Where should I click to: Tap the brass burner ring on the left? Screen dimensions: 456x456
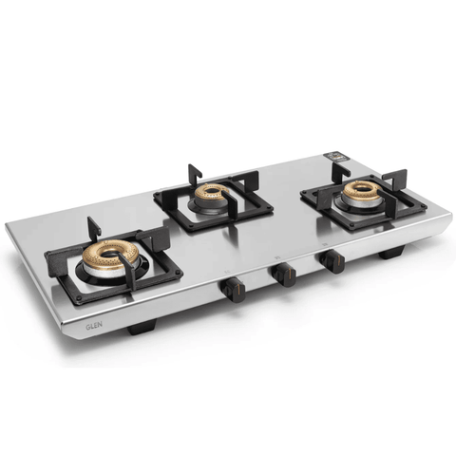point(112,257)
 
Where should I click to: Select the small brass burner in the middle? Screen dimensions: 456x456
point(211,193)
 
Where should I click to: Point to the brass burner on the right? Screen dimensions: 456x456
point(361,189)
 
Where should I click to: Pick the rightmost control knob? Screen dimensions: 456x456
point(332,260)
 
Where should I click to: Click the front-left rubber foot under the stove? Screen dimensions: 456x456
point(140,328)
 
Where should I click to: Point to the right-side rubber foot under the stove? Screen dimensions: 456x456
point(392,255)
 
